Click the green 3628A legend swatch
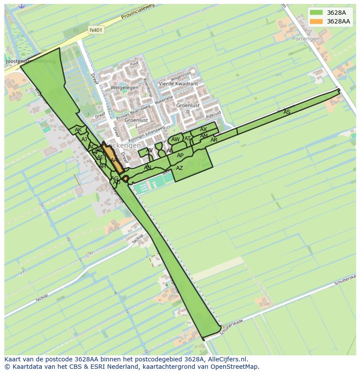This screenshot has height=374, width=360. [316, 13]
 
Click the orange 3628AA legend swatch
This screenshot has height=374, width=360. [316, 21]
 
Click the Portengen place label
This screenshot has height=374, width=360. [305, 39]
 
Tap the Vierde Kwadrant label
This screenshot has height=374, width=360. [178, 84]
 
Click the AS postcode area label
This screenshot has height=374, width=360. [287, 112]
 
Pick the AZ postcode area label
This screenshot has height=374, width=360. [180, 168]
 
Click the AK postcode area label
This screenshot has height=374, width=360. [78, 130]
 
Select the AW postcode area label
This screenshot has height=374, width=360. [175, 139]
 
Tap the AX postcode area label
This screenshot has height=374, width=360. [203, 129]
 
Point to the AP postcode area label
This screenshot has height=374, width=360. [180, 156]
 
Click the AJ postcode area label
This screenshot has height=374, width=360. [84, 139]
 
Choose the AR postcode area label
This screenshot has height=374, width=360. [214, 140]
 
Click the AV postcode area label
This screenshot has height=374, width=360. [150, 150]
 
